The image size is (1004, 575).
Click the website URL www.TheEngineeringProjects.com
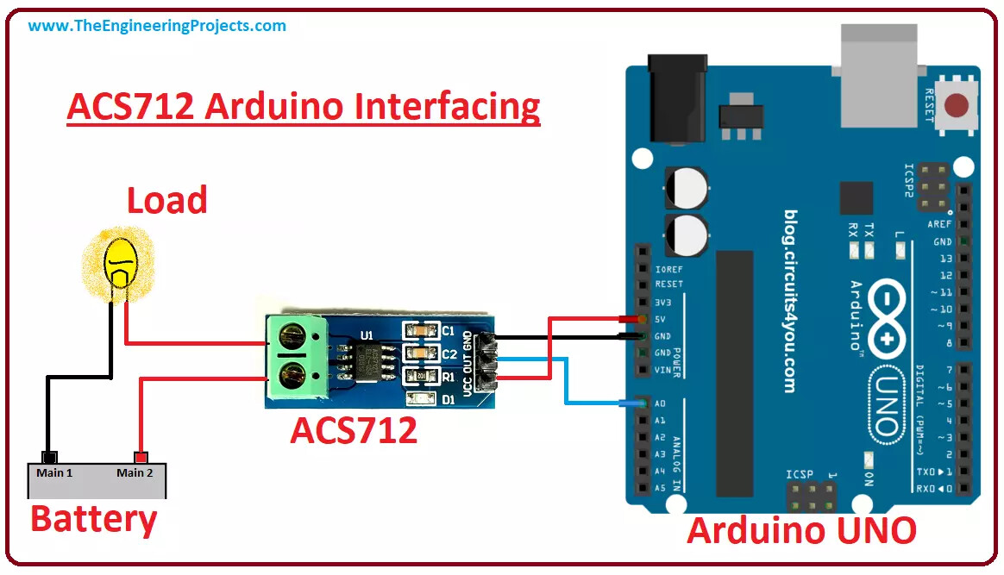[157, 26]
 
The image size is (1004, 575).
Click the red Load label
[167, 200]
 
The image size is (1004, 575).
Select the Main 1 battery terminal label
[54, 472]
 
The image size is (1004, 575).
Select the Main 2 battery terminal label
[135, 472]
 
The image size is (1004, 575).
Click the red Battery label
[94, 519]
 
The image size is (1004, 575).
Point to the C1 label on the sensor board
[449, 331]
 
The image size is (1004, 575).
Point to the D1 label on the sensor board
[449, 399]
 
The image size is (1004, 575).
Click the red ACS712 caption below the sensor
[354, 429]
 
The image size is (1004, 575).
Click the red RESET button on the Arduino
[956, 107]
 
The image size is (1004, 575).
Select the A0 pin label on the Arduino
[660, 403]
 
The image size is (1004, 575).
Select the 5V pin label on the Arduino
[662, 319]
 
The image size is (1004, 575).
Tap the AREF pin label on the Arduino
[939, 224]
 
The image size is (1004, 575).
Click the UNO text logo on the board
[885, 405]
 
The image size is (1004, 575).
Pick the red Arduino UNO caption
[801, 530]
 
